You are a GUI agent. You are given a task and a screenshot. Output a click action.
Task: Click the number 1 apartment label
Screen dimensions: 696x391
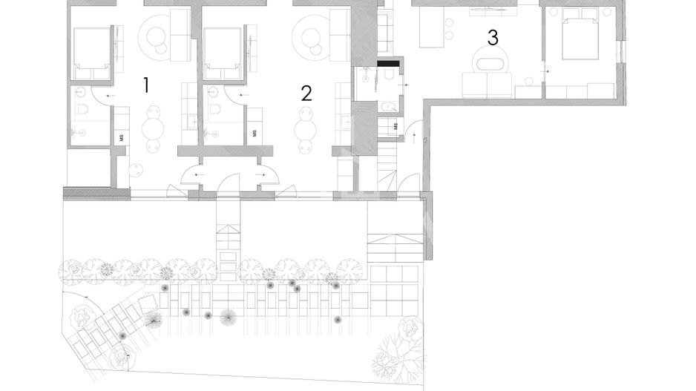click(146, 85)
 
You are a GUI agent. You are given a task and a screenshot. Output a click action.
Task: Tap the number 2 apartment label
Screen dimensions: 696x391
click(306, 93)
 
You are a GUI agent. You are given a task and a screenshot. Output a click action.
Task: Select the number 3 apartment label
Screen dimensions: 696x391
click(493, 38)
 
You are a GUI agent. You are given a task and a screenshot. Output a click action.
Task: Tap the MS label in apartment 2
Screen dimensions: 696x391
click(255, 133)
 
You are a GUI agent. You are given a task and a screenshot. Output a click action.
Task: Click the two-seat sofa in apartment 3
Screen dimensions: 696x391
click(487, 85)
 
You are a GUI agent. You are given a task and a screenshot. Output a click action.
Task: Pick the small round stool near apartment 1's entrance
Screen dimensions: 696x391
click(135, 169)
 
